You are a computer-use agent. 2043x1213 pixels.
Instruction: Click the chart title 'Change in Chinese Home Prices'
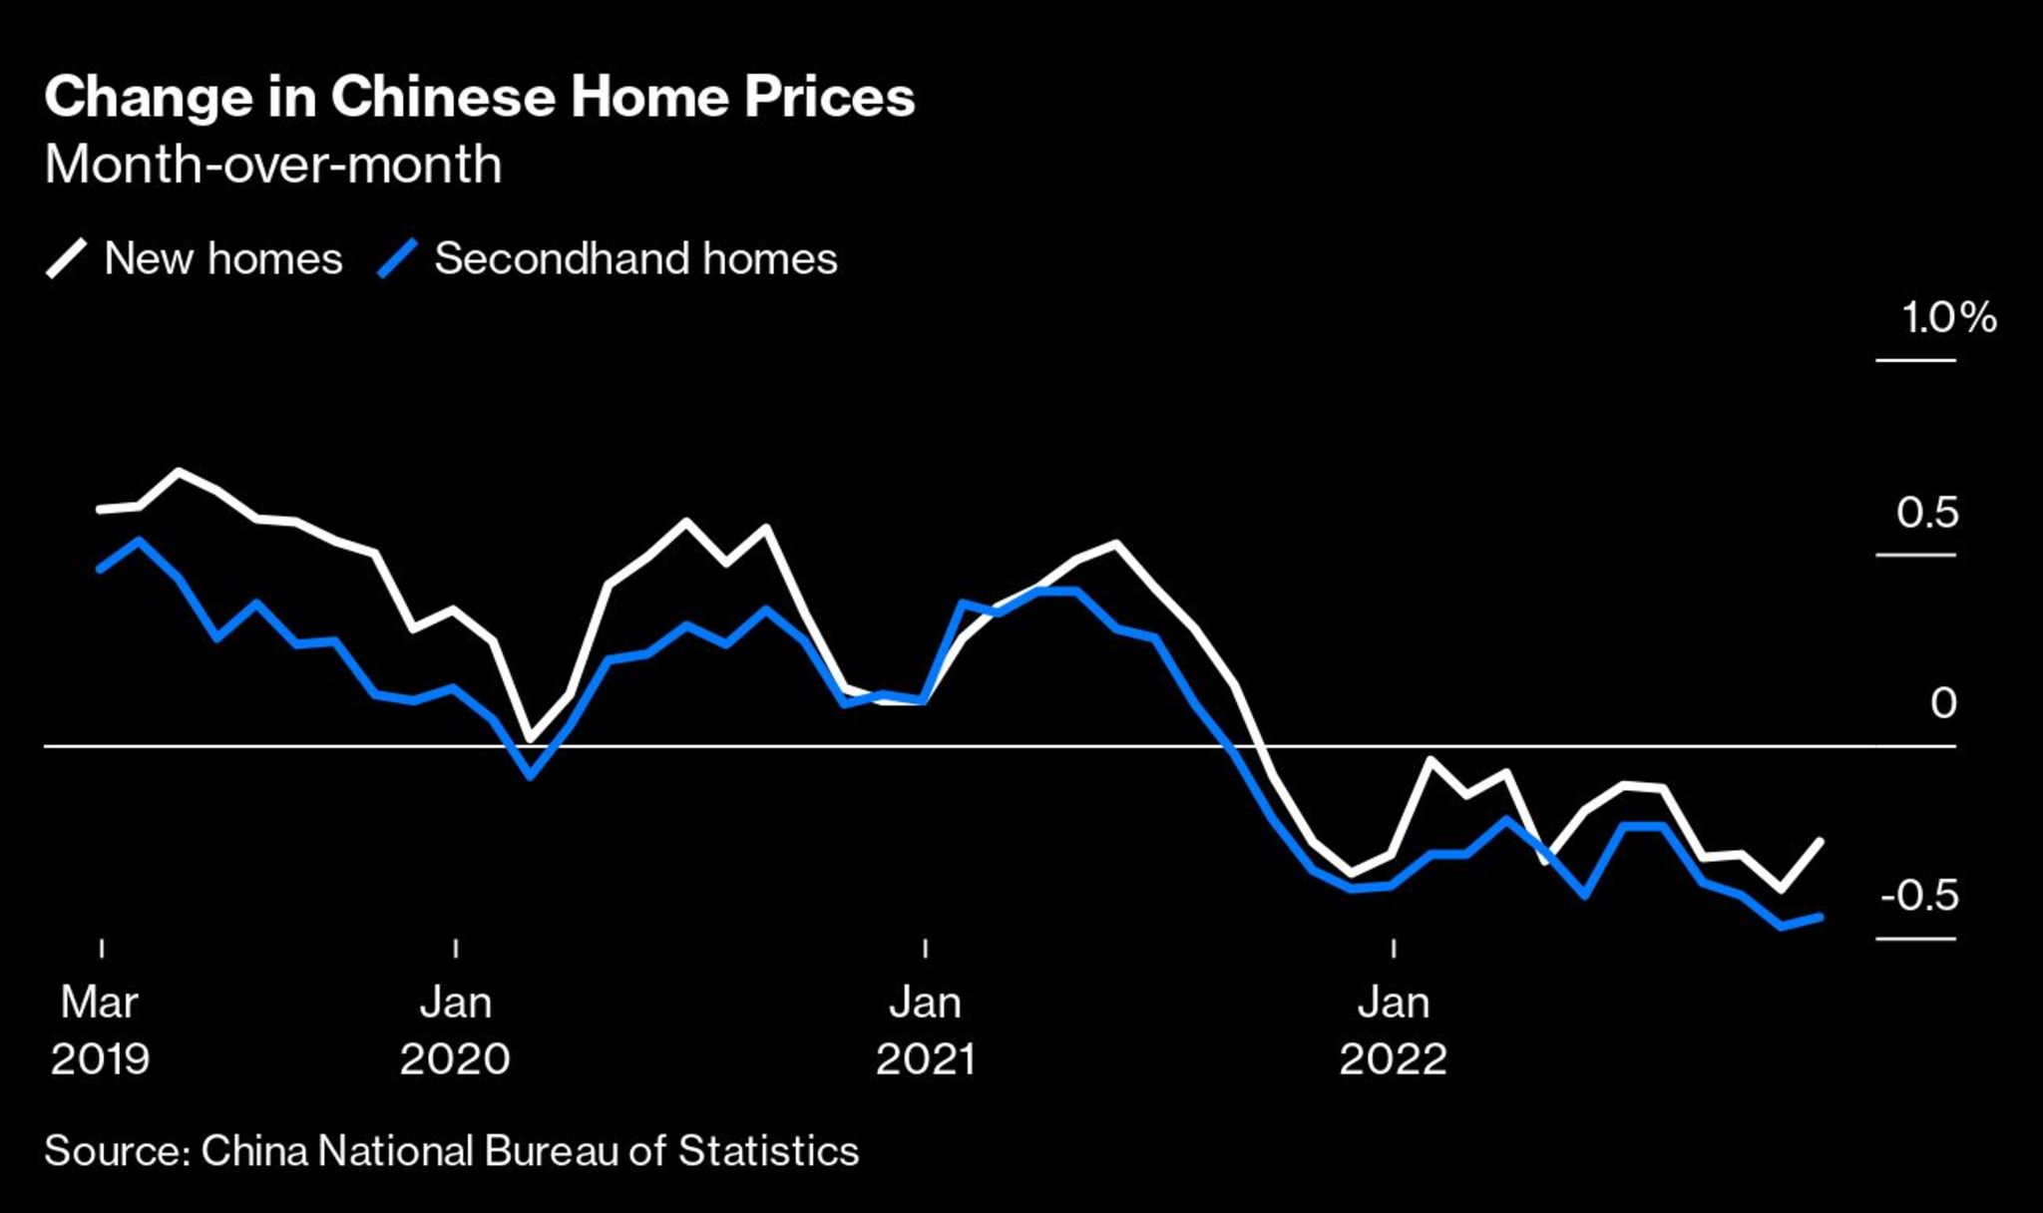pyautogui.click(x=479, y=98)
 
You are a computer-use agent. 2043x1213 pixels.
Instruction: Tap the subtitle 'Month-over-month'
pyautogui.click(x=272, y=165)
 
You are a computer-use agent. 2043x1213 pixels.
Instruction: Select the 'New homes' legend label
pyautogui.click(x=223, y=259)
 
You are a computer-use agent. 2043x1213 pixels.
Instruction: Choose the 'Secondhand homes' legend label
pyautogui.click(x=635, y=259)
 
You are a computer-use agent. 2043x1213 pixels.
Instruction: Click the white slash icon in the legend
pyautogui.click(x=66, y=259)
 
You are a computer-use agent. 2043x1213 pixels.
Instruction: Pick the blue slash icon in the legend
pyautogui.click(x=396, y=259)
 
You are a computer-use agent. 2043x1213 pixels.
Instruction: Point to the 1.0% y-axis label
pyautogui.click(x=1948, y=318)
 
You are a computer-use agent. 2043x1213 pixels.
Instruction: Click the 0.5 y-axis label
pyautogui.click(x=1927, y=513)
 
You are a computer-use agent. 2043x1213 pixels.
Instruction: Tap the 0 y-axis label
pyautogui.click(x=1942, y=704)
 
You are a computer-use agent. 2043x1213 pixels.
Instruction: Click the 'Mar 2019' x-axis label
pyautogui.click(x=100, y=1030)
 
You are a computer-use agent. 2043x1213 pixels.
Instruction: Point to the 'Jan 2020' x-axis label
pyautogui.click(x=455, y=1030)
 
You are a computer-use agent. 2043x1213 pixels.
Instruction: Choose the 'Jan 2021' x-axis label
pyautogui.click(x=925, y=1030)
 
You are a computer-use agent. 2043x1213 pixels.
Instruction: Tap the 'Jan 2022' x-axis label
pyautogui.click(x=1393, y=1030)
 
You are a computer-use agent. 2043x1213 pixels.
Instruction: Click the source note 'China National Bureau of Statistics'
pyautogui.click(x=451, y=1151)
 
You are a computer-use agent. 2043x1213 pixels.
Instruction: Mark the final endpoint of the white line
pyautogui.click(x=1821, y=842)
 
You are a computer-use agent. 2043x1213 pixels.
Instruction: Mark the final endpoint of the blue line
pyautogui.click(x=1821, y=917)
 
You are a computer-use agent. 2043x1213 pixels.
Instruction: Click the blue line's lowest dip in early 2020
pyautogui.click(x=530, y=775)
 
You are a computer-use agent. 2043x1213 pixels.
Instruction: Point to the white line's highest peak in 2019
pyautogui.click(x=179, y=471)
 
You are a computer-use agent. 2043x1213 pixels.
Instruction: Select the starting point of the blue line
pyautogui.click(x=100, y=569)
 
